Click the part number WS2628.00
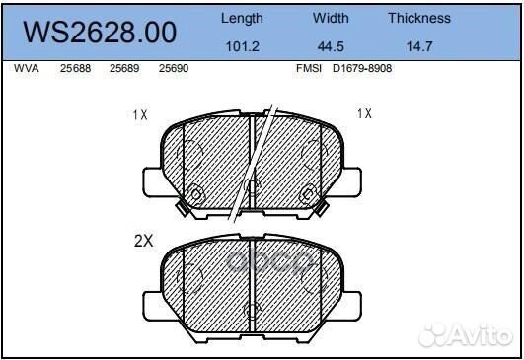[99, 33]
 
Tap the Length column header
[242, 18]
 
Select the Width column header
[331, 18]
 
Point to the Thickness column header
[418, 18]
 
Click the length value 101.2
[242, 44]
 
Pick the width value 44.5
[331, 44]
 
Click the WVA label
[27, 70]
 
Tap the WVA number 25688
[75, 70]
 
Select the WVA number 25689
[123, 70]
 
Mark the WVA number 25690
[173, 70]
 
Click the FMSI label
[307, 70]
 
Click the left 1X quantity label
[140, 114]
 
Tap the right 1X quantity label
[364, 113]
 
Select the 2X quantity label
[144, 239]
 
